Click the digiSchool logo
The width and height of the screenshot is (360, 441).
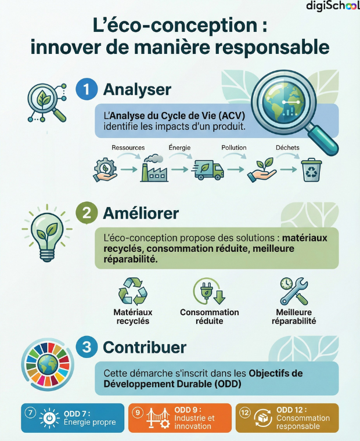click(333, 6)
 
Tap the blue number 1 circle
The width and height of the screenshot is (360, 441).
click(87, 89)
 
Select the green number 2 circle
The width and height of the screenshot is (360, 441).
click(87, 213)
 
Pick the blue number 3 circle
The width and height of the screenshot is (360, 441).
click(87, 347)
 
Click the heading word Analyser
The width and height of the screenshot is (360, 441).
click(137, 90)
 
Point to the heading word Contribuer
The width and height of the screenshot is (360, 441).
click(145, 348)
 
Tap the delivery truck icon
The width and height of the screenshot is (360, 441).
click(208, 169)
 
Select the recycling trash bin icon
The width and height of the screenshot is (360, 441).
click(311, 170)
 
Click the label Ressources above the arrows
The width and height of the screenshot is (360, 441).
click(128, 147)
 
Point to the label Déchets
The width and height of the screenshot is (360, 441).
click(287, 147)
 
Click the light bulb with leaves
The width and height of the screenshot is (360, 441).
click(47, 233)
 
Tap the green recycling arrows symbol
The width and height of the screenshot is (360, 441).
click(133, 291)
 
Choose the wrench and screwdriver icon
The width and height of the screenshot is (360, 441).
click(294, 291)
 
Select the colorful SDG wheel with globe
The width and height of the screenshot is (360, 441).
click(48, 365)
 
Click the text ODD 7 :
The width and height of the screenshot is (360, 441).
click(77, 414)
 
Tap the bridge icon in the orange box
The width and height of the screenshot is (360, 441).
click(158, 418)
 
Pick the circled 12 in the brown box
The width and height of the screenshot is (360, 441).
click(245, 413)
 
